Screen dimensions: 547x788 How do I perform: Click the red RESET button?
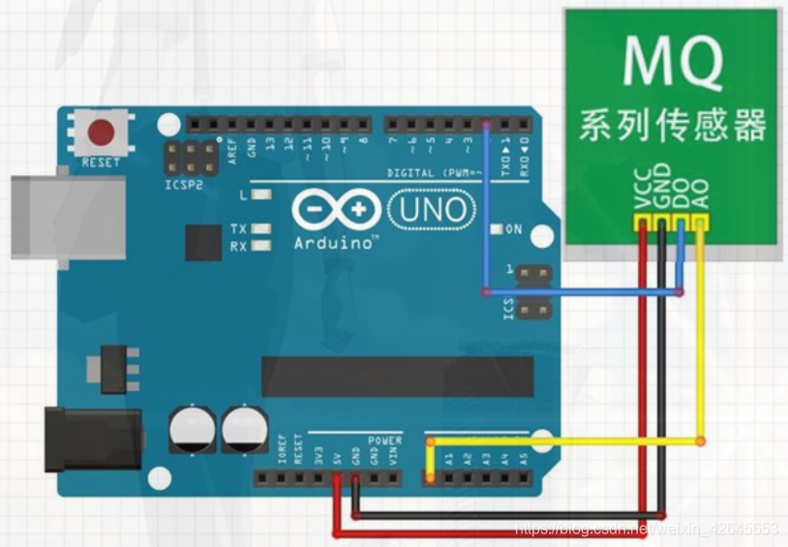100,132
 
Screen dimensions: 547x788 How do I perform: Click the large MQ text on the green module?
673,60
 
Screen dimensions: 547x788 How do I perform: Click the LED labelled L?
259,196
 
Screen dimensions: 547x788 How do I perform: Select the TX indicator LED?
259,228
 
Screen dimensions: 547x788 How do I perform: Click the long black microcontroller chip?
397,376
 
